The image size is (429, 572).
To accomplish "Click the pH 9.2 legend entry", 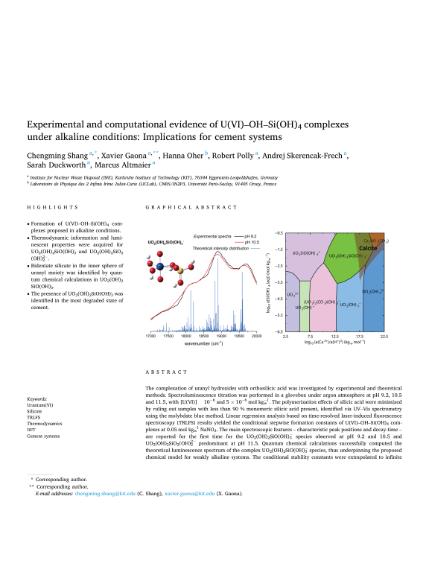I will click(x=244, y=236).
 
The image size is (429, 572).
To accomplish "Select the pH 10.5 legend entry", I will click(x=245, y=242).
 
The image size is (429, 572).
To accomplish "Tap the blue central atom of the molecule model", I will click(x=159, y=266).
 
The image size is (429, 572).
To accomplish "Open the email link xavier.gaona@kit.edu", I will click(x=184, y=556).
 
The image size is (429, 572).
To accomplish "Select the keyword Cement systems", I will click(x=43, y=436).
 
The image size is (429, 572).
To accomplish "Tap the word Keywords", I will click(x=37, y=399).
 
